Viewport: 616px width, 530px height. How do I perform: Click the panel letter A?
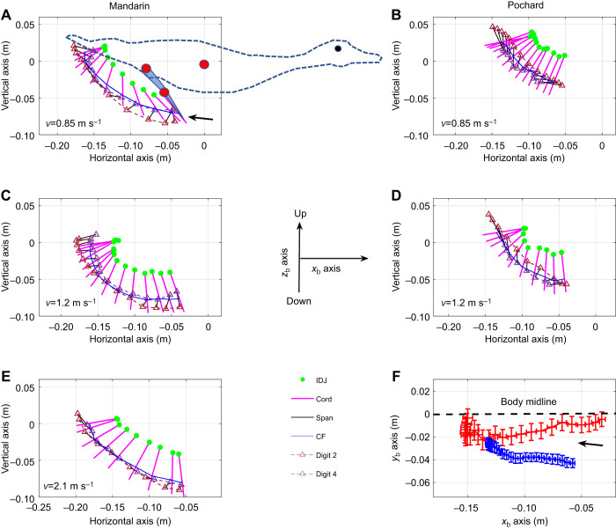coord(6,15)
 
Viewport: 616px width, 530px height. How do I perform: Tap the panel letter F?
coord(396,376)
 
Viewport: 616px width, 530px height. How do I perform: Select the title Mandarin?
coord(129,5)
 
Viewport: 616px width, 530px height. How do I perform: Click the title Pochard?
coord(525,5)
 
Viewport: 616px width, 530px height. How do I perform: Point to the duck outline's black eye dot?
coord(338,48)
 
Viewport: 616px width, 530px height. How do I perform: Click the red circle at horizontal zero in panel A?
coord(204,64)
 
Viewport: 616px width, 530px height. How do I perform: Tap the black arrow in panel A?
coord(201,118)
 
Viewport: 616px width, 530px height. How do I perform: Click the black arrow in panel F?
coord(590,445)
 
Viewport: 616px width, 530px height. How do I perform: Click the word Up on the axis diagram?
coord(301,213)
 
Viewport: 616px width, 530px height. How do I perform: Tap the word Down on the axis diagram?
coord(298,301)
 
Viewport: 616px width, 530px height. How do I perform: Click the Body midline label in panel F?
coord(528,401)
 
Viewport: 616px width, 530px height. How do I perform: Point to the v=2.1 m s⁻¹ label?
coord(69,486)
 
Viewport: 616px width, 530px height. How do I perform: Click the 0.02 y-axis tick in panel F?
coord(420,392)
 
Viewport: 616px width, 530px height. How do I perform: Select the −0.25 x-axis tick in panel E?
coord(39,507)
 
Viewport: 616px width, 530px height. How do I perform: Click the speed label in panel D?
coord(466,303)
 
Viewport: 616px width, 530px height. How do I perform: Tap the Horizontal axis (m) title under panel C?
coord(130,339)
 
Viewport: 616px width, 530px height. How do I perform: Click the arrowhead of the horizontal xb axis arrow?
coord(365,258)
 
